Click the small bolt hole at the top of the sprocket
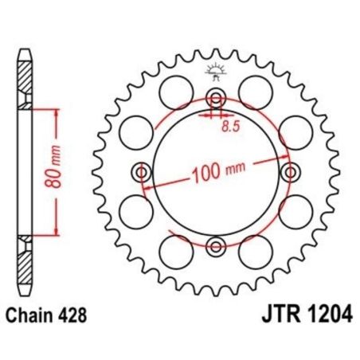(214, 99)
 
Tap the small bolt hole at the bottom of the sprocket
(214, 245)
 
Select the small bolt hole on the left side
(142, 171)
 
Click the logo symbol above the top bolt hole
(214, 72)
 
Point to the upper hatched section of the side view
(24, 80)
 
